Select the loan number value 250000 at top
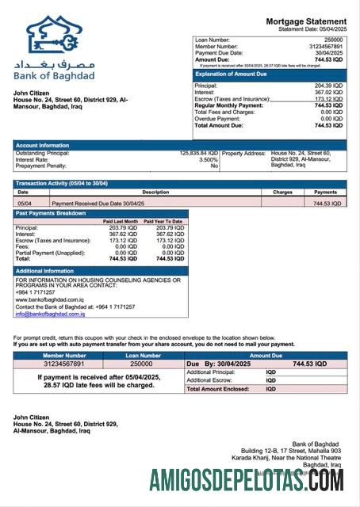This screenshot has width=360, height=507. tap(333, 39)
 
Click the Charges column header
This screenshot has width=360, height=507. tap(282, 192)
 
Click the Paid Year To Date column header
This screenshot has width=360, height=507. tap(163, 221)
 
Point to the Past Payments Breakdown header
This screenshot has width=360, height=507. tap(51, 213)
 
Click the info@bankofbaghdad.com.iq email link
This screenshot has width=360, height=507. tap(50, 314)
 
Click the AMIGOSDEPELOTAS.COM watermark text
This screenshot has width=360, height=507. tap(246, 479)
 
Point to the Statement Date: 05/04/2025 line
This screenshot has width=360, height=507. tap(312, 29)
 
